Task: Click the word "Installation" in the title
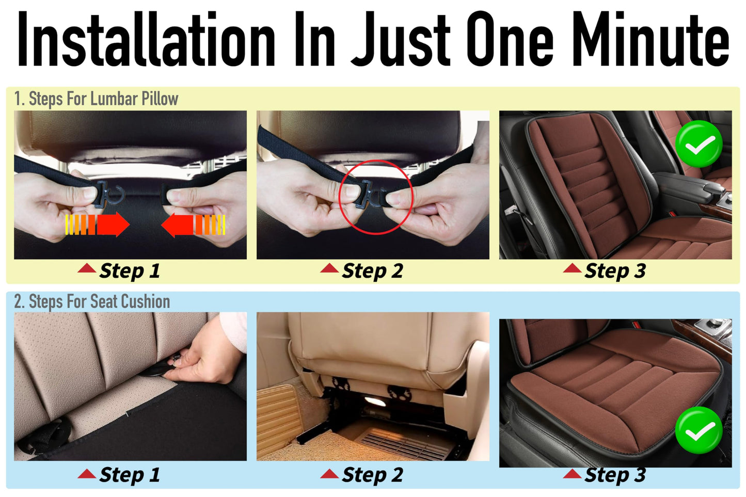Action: click(x=146, y=40)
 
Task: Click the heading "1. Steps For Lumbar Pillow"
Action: click(x=96, y=99)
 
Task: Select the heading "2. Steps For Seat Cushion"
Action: click(x=92, y=301)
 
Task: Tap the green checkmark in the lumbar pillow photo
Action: click(x=699, y=144)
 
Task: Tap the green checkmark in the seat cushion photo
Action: click(x=699, y=430)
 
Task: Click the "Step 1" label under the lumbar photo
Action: click(x=130, y=271)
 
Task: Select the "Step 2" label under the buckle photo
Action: click(x=372, y=271)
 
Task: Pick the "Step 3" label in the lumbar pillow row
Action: click(x=615, y=271)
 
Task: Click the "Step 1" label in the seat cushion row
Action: click(x=130, y=475)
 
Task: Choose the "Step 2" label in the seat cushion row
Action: click(x=372, y=475)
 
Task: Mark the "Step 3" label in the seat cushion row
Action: click(x=615, y=475)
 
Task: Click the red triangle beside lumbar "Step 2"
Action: click(x=329, y=268)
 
